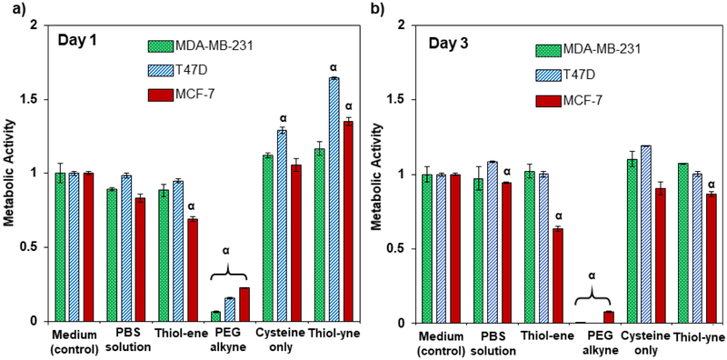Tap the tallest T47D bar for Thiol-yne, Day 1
pos(334,199)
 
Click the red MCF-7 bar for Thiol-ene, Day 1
pos(193,270)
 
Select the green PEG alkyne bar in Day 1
pos(215,316)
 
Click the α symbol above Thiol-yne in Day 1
pos(334,67)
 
